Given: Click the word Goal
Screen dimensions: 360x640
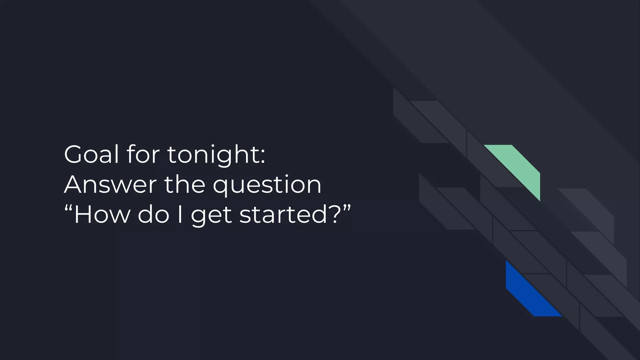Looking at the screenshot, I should tap(92, 154).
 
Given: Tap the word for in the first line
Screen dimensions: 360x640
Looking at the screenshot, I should tap(143, 154).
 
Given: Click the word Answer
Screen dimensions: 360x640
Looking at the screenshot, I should tap(110, 184).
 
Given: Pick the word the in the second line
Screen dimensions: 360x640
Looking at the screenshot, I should tap(185, 184).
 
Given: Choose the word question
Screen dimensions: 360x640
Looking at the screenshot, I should tap(267, 185).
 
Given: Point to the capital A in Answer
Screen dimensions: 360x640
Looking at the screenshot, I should tap(75, 184).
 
